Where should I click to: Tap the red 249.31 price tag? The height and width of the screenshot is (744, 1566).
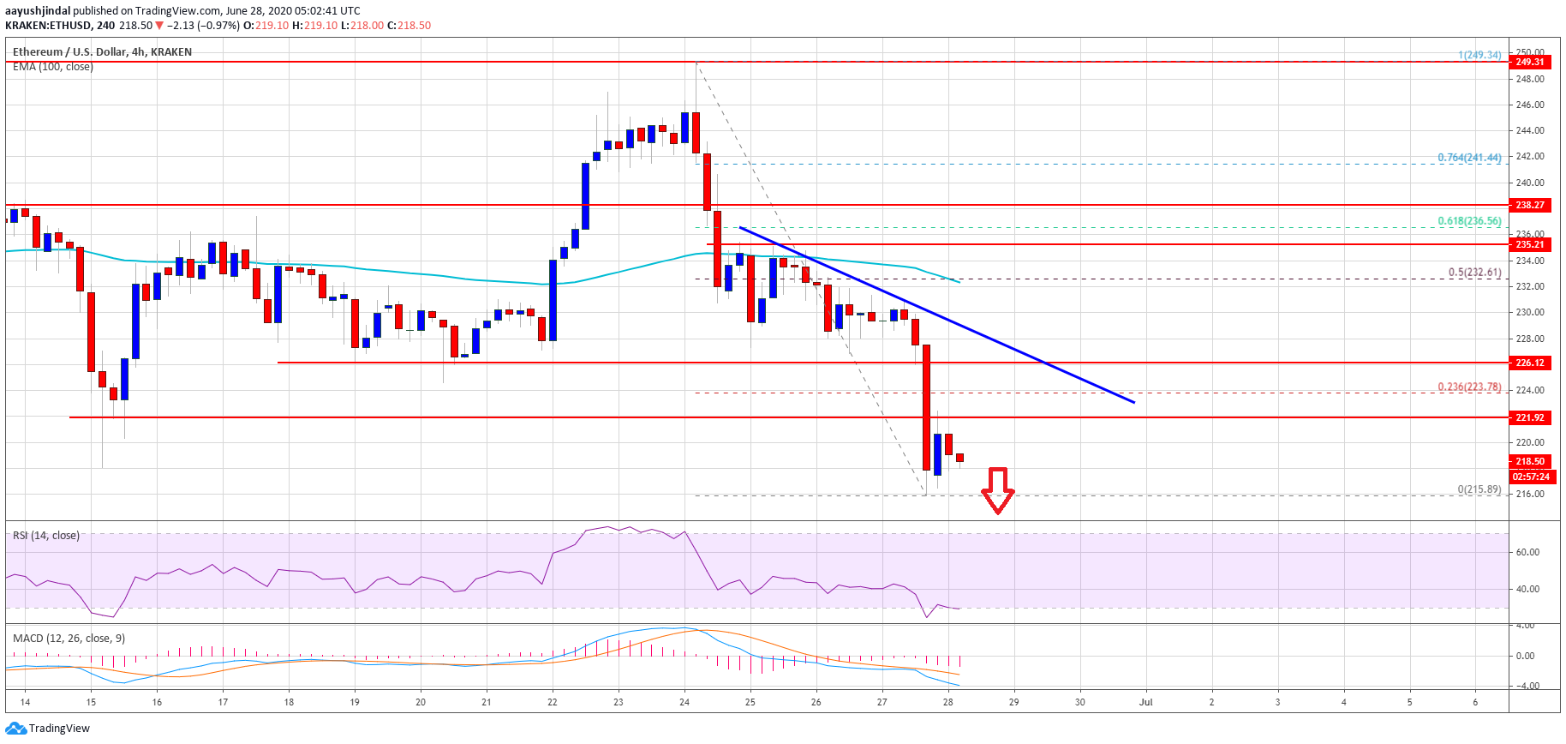pyautogui.click(x=1529, y=62)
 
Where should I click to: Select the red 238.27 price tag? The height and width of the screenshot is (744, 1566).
pyautogui.click(x=1529, y=205)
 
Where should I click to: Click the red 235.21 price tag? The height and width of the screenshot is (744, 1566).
pyautogui.click(x=1529, y=244)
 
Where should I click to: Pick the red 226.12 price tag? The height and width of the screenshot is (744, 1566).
pyautogui.click(x=1529, y=363)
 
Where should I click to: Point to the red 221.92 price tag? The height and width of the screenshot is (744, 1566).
pyautogui.click(x=1529, y=417)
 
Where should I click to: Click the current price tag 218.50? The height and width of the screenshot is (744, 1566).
pyautogui.click(x=1529, y=461)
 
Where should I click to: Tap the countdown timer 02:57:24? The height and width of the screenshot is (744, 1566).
pyautogui.click(x=1531, y=477)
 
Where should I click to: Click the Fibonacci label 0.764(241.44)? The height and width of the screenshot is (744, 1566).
pyautogui.click(x=1469, y=158)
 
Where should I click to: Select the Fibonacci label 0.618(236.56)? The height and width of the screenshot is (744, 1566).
pyautogui.click(x=1469, y=221)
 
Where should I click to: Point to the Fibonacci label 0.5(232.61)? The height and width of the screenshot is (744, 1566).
pyautogui.click(x=1474, y=273)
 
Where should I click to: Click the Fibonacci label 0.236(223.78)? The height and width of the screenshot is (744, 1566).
pyautogui.click(x=1469, y=387)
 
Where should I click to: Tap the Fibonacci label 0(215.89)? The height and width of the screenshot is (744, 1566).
pyautogui.click(x=1479, y=489)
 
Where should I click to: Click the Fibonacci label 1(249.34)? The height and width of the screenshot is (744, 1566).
pyautogui.click(x=1479, y=55)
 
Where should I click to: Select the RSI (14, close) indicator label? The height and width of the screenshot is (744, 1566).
pyautogui.click(x=46, y=536)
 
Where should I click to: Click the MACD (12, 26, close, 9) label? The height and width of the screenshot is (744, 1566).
pyautogui.click(x=69, y=639)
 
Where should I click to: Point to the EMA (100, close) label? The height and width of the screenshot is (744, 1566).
pyautogui.click(x=53, y=67)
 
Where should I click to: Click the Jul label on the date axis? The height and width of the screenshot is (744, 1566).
pyautogui.click(x=1145, y=702)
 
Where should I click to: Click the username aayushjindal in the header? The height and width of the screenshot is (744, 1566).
pyautogui.click(x=38, y=11)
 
